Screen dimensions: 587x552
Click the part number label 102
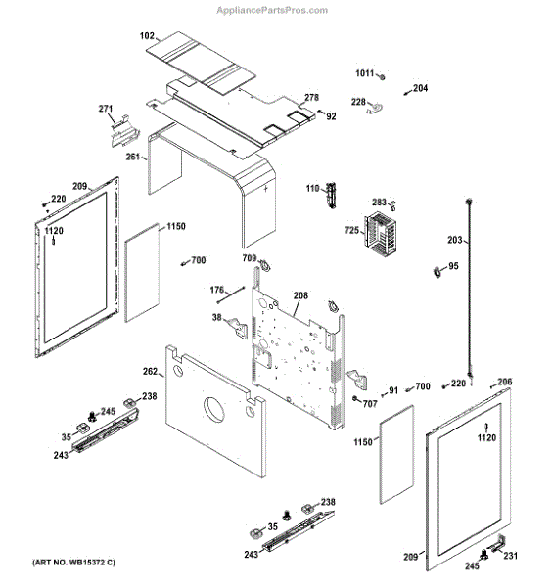click(x=148, y=36)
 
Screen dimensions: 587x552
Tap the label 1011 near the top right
click(x=364, y=74)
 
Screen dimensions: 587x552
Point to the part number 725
click(x=351, y=230)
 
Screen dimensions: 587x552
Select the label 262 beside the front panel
click(x=150, y=372)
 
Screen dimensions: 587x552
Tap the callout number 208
click(x=300, y=294)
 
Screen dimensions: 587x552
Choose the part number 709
click(x=251, y=260)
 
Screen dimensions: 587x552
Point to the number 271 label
click(x=106, y=109)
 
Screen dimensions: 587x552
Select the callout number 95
click(x=452, y=266)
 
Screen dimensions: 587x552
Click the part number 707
click(x=369, y=403)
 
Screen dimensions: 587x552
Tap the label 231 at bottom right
click(x=510, y=556)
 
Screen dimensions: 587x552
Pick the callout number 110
click(x=312, y=189)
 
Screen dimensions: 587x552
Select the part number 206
click(x=505, y=382)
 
